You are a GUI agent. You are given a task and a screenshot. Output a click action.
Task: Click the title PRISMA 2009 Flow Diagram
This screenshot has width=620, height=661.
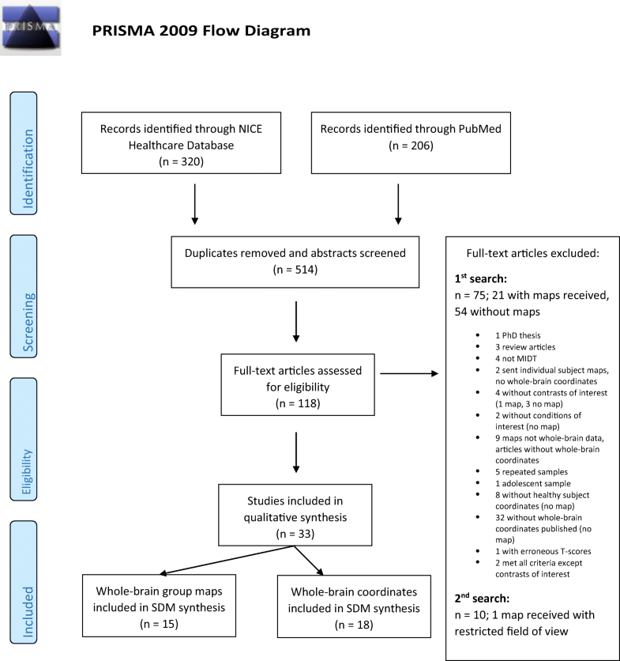(x=201, y=31)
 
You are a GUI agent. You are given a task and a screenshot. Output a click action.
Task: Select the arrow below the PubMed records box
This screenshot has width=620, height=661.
(x=398, y=206)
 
